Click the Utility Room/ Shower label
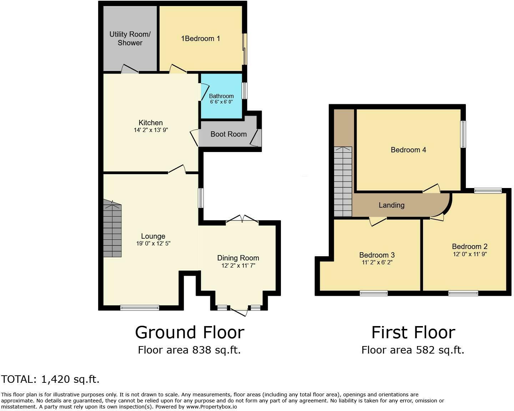(130, 39)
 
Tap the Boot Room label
(228, 134)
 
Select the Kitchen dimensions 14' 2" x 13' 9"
(151, 130)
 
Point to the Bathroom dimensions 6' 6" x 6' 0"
(221, 102)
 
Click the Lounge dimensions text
(153, 244)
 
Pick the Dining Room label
(238, 258)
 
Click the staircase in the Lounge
(112, 228)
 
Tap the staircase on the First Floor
(343, 182)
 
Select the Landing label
(392, 205)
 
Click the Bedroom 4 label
(408, 150)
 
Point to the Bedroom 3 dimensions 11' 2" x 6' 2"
(377, 263)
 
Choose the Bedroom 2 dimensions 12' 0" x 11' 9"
(470, 254)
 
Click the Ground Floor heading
(190, 333)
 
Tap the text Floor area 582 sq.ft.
(413, 350)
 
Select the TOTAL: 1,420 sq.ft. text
(50, 379)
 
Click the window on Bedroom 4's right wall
(463, 134)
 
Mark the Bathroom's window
(245, 91)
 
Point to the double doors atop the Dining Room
(242, 219)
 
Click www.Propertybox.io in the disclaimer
(212, 407)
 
